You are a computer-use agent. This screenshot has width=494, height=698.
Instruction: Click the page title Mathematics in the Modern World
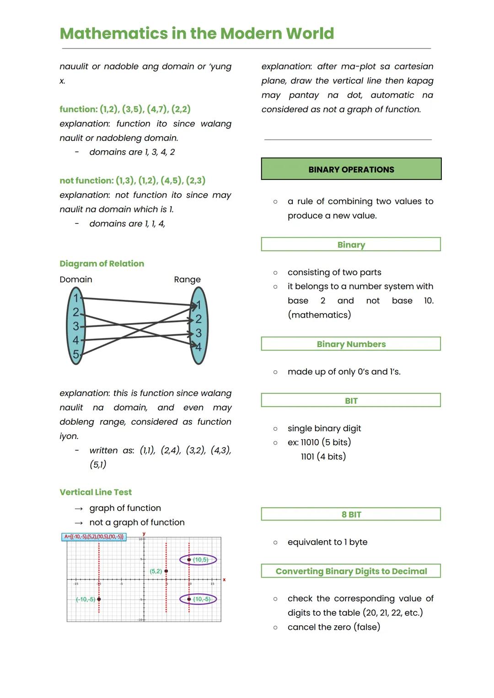click(x=197, y=33)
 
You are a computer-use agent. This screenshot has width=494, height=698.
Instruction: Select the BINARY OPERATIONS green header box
click(x=351, y=169)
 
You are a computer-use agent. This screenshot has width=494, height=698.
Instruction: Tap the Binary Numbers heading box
click(x=351, y=344)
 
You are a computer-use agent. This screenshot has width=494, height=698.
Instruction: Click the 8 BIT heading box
click(x=351, y=514)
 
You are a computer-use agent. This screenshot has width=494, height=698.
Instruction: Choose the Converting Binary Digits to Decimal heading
click(x=351, y=571)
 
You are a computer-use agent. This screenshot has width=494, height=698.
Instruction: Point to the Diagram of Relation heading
click(x=102, y=264)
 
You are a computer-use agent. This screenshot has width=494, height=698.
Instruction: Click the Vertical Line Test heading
click(x=96, y=492)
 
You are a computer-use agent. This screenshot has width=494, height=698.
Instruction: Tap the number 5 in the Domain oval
click(x=76, y=354)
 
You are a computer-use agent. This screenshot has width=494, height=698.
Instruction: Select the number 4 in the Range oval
click(x=199, y=347)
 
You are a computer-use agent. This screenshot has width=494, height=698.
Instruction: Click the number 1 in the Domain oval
click(x=76, y=298)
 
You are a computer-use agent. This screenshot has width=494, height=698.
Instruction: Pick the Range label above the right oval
click(x=187, y=280)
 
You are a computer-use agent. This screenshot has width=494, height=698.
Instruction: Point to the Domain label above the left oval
click(x=76, y=280)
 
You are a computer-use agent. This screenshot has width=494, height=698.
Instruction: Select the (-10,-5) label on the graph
click(x=86, y=599)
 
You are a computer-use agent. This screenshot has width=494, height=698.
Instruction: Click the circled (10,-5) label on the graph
click(x=201, y=599)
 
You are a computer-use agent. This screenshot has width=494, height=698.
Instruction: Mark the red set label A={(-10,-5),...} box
click(x=94, y=536)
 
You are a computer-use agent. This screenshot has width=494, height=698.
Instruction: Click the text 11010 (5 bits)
click(x=326, y=443)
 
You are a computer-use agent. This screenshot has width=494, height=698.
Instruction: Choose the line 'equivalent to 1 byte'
click(x=327, y=542)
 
